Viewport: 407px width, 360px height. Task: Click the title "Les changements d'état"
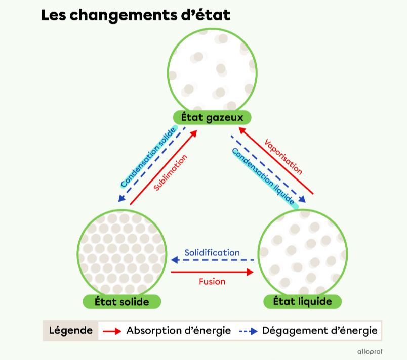click(136, 15)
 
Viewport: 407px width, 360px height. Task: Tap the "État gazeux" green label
click(212, 117)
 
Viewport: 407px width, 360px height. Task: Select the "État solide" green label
click(121, 302)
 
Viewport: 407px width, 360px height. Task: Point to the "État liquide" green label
click(302, 301)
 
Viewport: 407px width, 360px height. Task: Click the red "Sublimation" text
click(170, 172)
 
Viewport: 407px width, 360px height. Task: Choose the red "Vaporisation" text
click(283, 157)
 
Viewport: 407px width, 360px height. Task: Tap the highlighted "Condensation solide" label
click(149, 157)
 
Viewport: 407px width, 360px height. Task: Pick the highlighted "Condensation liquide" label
click(265, 178)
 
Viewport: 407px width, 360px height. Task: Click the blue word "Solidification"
click(212, 253)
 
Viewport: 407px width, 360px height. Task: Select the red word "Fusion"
click(212, 282)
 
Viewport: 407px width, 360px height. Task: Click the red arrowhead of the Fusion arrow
click(250, 272)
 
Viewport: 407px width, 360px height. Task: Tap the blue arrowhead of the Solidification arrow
click(175, 260)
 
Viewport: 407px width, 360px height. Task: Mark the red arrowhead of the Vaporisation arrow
click(242, 130)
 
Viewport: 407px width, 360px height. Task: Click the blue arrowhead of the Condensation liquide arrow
click(302, 199)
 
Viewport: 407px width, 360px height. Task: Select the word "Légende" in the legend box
click(70, 331)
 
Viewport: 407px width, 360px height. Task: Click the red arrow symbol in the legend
click(112, 331)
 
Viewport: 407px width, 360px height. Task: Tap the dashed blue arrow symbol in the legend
click(248, 331)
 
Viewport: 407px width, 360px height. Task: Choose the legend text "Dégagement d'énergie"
click(320, 331)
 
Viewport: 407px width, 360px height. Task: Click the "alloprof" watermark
click(370, 352)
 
